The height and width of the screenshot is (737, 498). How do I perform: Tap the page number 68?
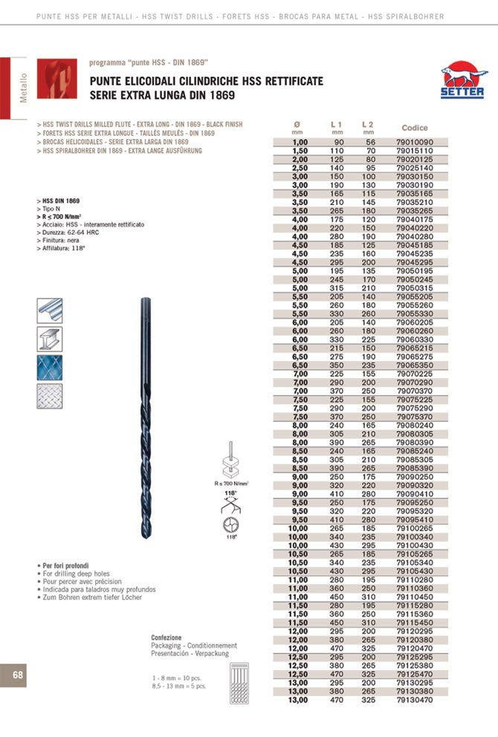[x=18, y=674]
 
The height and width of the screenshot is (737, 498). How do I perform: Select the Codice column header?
[x=414, y=128]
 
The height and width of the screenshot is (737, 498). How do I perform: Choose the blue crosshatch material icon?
[x=50, y=367]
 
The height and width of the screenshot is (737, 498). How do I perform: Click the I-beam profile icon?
[x=50, y=339]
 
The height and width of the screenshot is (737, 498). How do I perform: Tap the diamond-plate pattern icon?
[x=50, y=395]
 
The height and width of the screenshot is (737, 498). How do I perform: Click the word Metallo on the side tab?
[x=23, y=87]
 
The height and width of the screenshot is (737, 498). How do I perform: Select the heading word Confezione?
[x=166, y=638]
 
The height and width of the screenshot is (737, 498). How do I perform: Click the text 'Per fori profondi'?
[x=68, y=566]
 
